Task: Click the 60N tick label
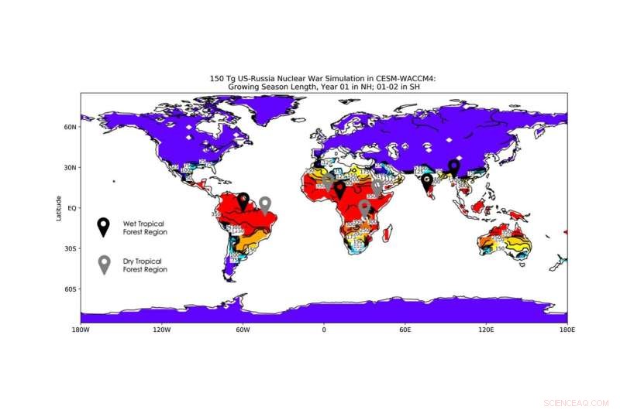click(71, 127)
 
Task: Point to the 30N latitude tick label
click(71, 167)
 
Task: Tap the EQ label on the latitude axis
click(72, 208)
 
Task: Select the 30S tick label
click(71, 248)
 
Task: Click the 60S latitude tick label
click(71, 289)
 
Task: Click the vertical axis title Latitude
click(58, 208)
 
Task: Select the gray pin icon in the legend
click(103, 265)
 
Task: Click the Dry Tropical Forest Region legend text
click(144, 265)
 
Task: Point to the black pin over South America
click(243, 201)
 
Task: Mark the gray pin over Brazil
click(265, 204)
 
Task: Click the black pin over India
click(427, 182)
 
